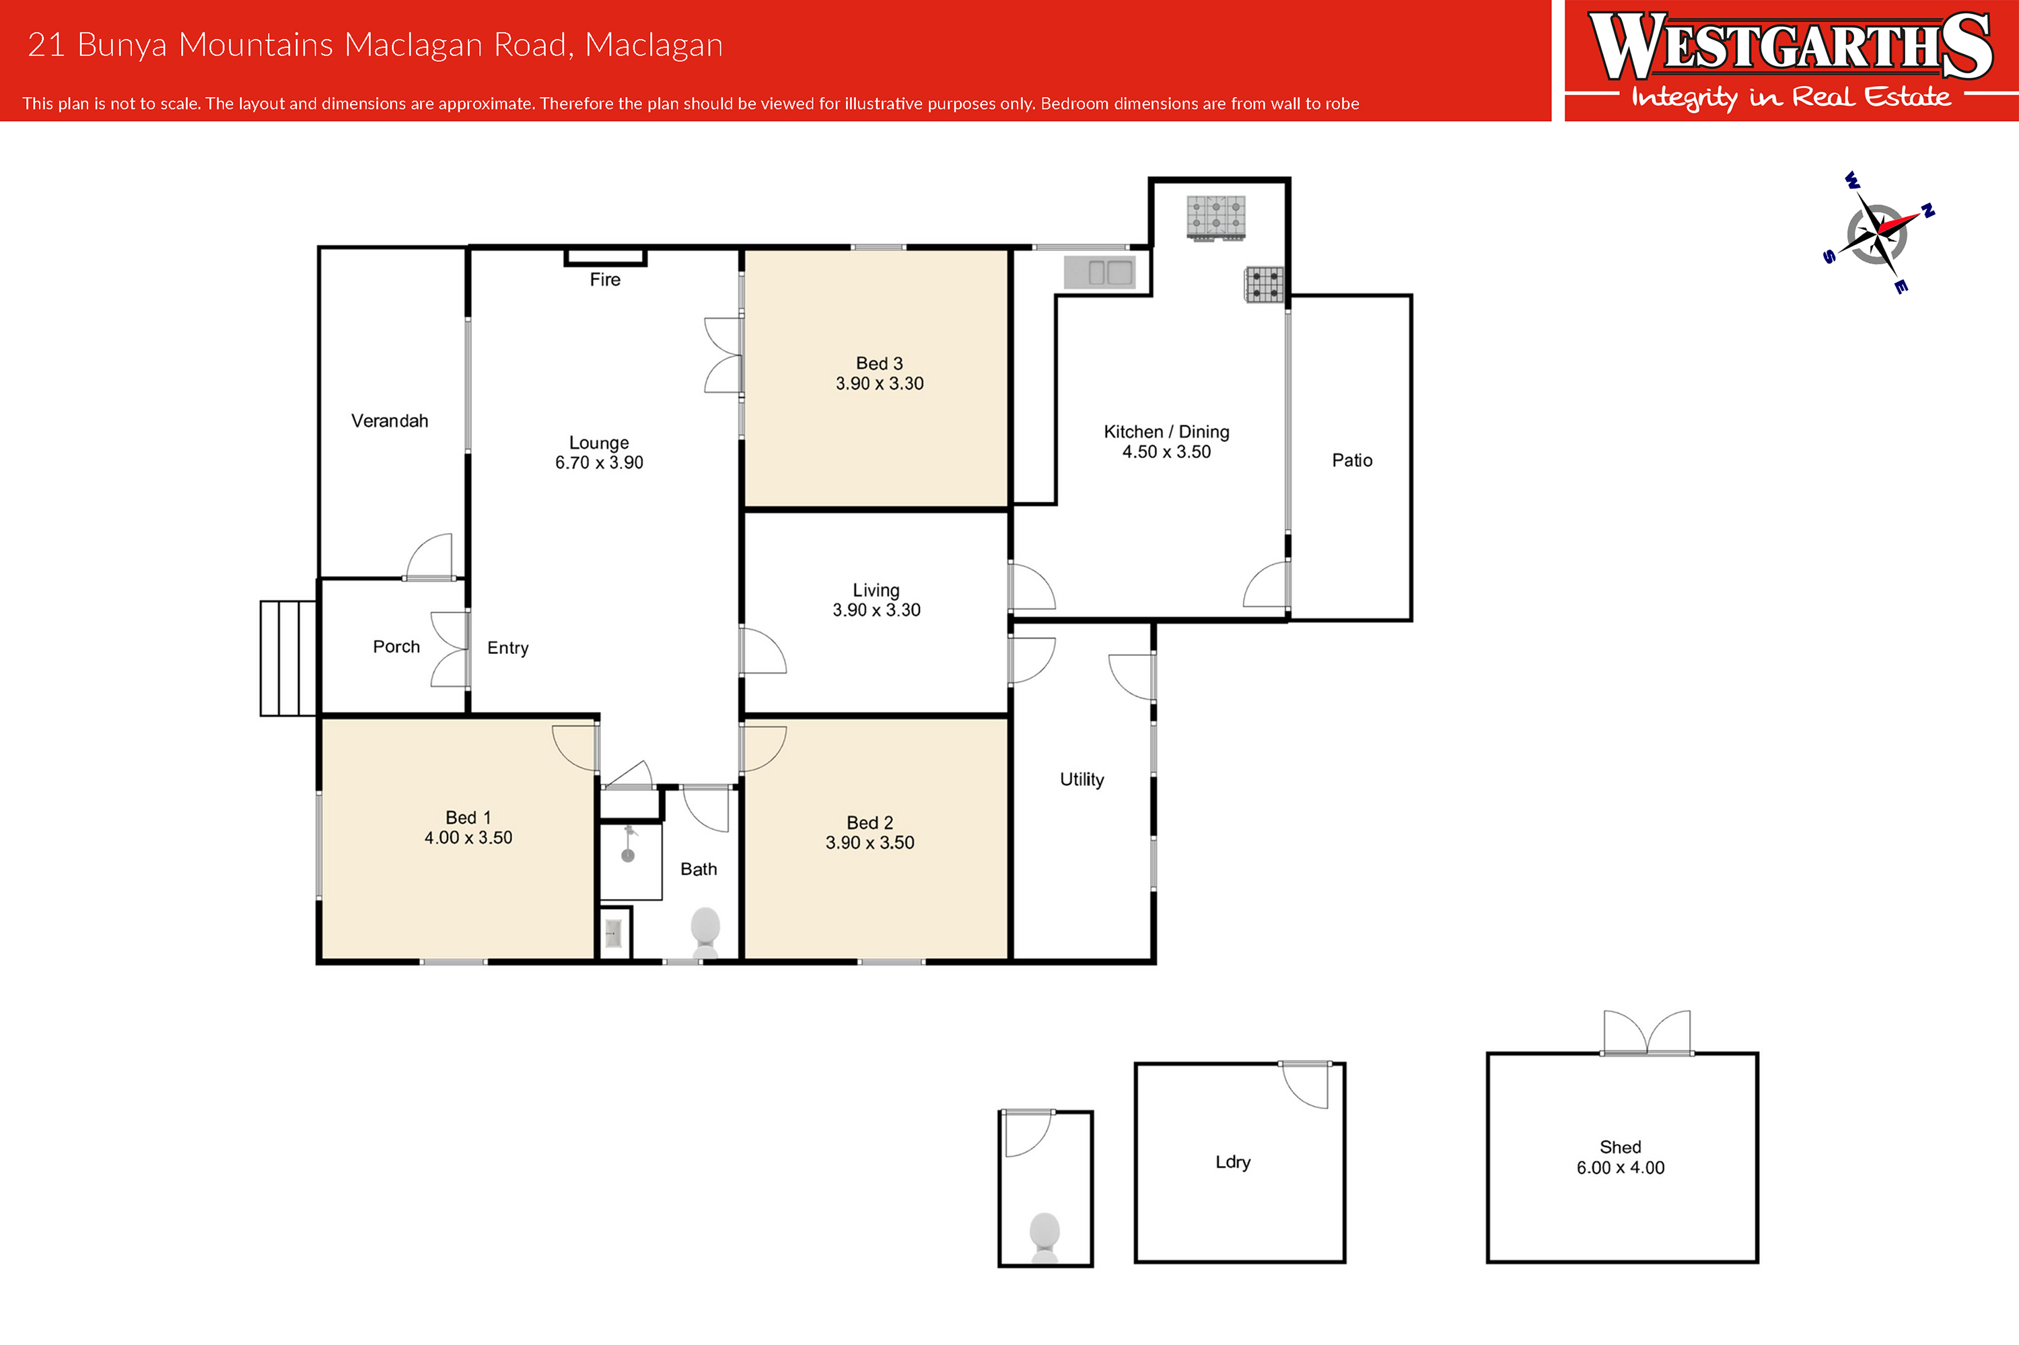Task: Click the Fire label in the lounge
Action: tap(605, 280)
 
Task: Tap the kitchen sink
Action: tap(1100, 272)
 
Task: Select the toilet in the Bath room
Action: tap(705, 933)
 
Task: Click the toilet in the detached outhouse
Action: tap(1044, 1238)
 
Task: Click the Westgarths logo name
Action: tap(1791, 46)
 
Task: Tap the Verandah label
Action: tap(390, 421)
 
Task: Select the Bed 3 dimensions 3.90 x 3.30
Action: tap(880, 384)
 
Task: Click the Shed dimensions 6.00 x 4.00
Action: tap(1620, 1167)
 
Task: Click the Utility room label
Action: tap(1082, 780)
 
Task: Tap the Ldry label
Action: tap(1233, 1162)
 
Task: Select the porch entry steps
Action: tap(288, 658)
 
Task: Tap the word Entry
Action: tap(508, 649)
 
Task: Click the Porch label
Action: tap(396, 647)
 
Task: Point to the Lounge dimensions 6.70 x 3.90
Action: tap(599, 462)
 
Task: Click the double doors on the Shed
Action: tap(1647, 1033)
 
